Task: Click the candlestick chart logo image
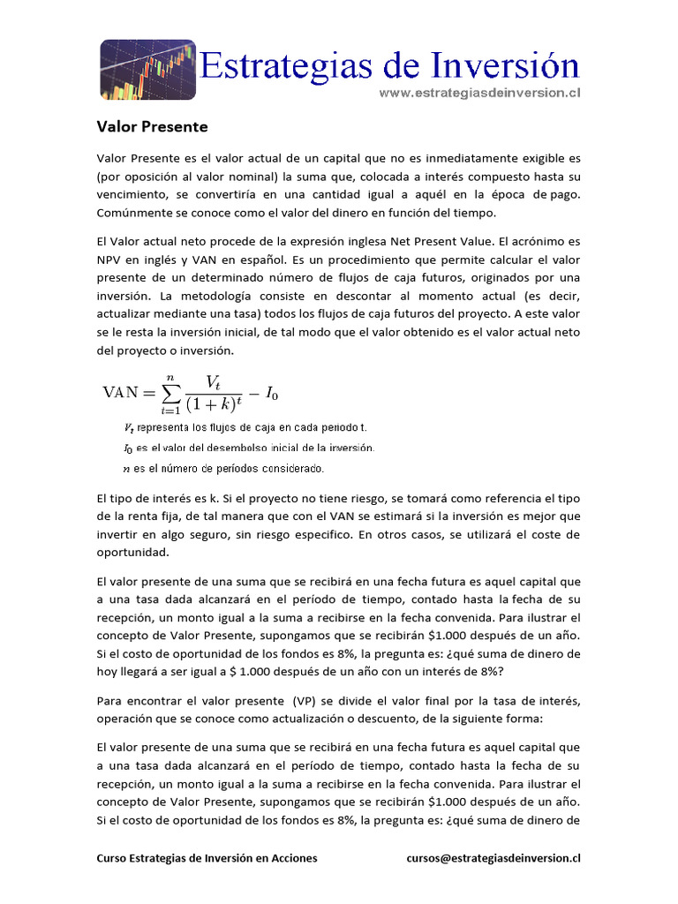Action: click(146, 70)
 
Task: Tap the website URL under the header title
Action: click(479, 92)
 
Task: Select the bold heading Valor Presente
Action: click(152, 127)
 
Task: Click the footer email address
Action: click(493, 857)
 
